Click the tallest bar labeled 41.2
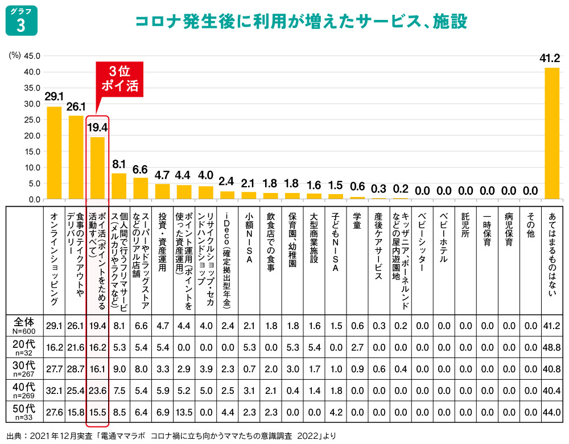tap(551, 133)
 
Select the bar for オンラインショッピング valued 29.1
tap(54, 153)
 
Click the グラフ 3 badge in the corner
tap(21, 21)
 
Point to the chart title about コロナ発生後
tap(301, 22)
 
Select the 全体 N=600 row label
tap(24, 325)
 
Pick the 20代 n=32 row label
tap(24, 347)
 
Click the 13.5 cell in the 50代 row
tap(184, 412)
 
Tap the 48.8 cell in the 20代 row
tap(551, 347)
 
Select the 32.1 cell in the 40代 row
tap(54, 390)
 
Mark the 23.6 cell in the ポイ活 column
tap(97, 390)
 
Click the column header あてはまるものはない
tap(551, 256)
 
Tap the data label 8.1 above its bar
tap(119, 164)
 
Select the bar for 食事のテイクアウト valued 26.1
tap(76, 157)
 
